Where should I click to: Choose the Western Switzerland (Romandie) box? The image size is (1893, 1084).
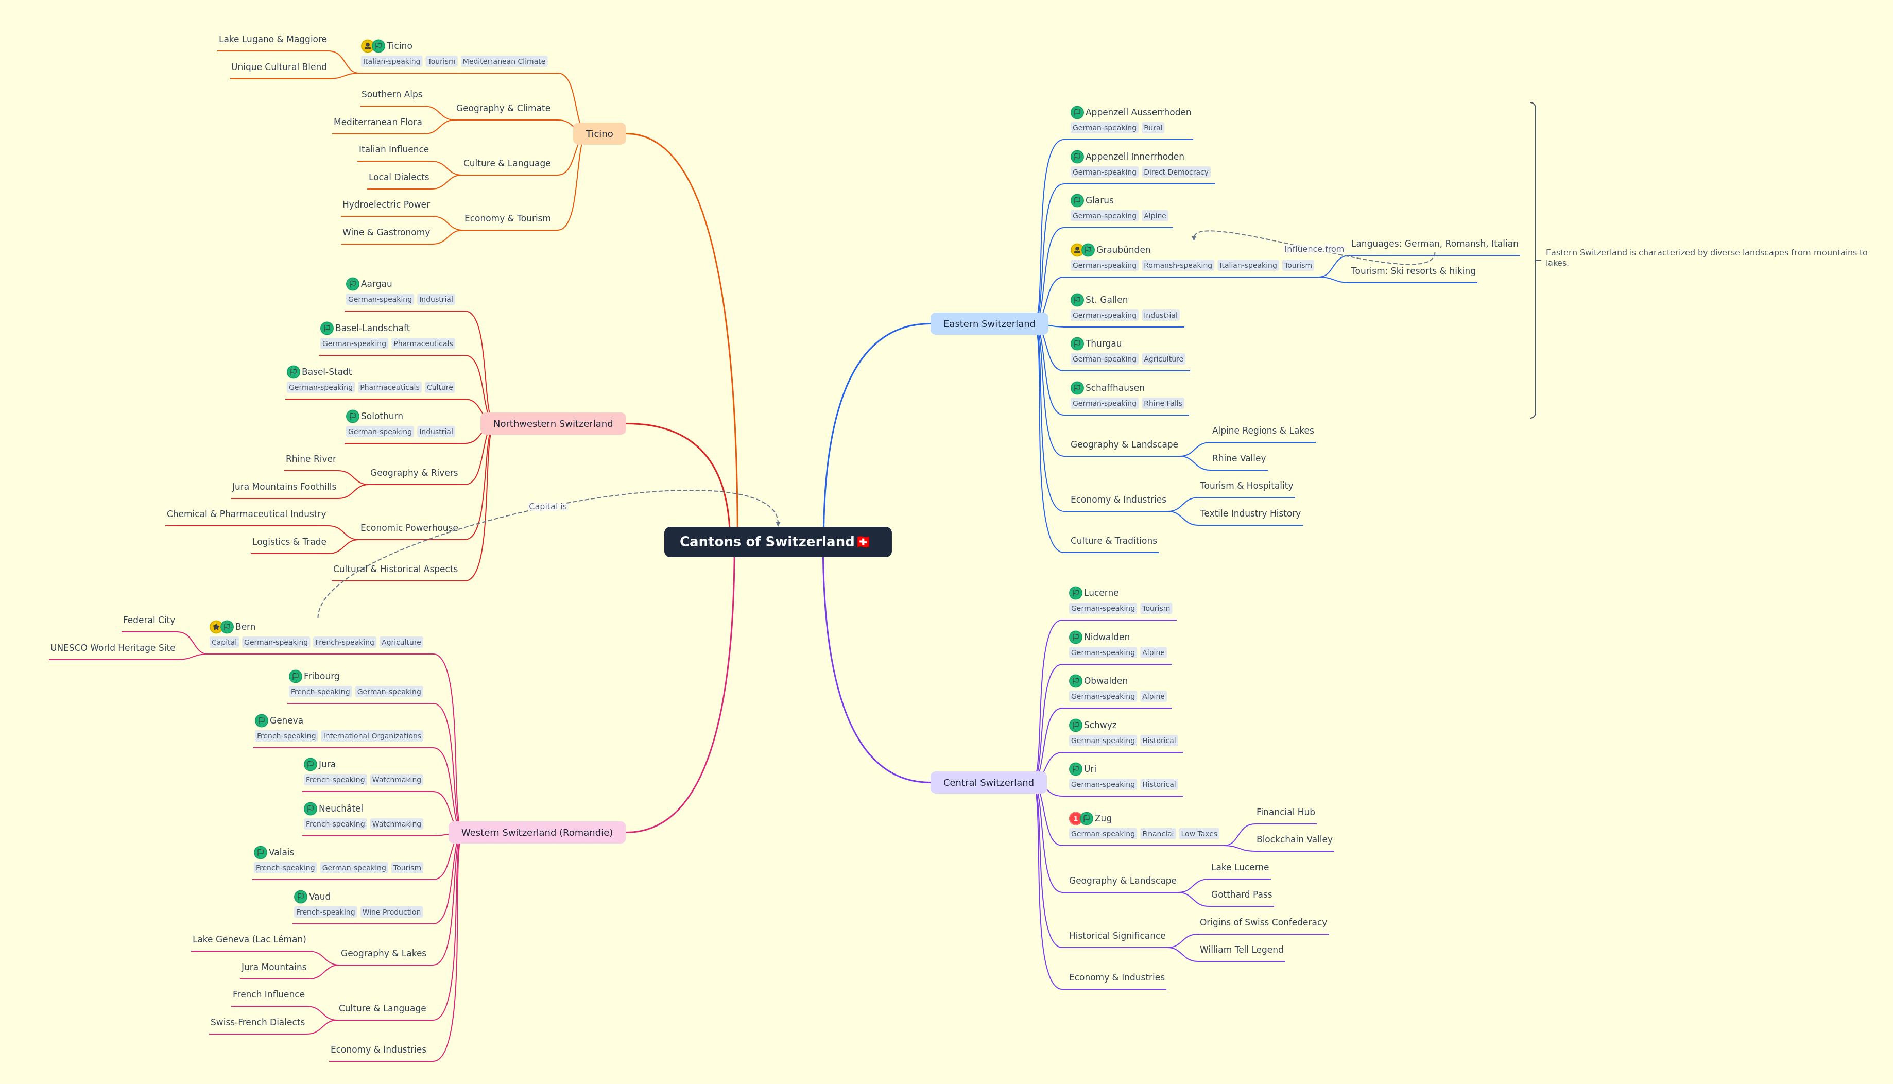pos(537,832)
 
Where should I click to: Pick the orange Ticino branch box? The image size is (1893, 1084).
pos(599,134)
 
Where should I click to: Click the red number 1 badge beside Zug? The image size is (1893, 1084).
pos(1075,818)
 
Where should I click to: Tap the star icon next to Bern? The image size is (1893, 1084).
pos(216,627)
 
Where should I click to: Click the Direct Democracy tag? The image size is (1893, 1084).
pos(1176,172)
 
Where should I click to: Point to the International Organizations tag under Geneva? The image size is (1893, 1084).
pos(372,735)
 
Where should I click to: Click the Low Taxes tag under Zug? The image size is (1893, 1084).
pos(1198,834)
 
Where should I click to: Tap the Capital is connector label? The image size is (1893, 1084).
pos(548,506)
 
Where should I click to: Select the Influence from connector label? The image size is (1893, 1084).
pos(1314,249)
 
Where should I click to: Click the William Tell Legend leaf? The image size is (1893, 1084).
pos(1241,949)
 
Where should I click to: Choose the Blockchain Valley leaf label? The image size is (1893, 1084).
pos(1294,839)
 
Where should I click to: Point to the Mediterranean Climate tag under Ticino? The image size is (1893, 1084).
pos(504,61)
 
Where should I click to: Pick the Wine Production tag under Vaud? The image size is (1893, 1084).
pos(391,912)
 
